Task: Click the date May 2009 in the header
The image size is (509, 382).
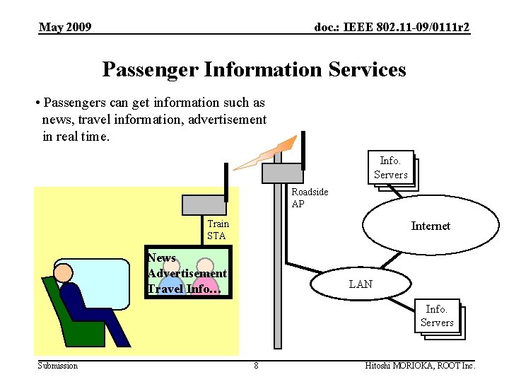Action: (x=65, y=28)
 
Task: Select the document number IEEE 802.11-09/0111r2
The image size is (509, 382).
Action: (x=392, y=28)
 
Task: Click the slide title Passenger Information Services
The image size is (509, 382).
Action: (x=254, y=69)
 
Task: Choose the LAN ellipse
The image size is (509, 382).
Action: (x=361, y=284)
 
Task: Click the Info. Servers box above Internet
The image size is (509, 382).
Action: (x=390, y=168)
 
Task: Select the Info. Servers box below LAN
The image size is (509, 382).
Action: (x=436, y=316)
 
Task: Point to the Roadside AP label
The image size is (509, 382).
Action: (x=310, y=198)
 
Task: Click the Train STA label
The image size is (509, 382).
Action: (x=218, y=230)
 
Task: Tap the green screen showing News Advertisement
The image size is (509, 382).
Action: (x=189, y=273)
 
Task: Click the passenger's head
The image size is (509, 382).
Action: (x=64, y=273)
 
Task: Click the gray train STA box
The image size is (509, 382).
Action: (x=204, y=204)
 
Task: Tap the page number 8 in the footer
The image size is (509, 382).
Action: (x=256, y=366)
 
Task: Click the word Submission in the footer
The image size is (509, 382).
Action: (x=58, y=366)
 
